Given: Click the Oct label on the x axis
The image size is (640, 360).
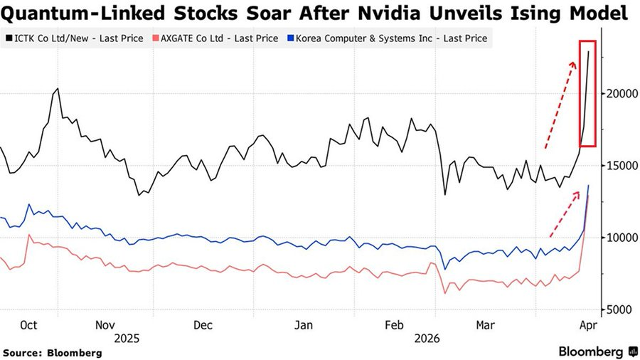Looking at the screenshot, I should click(x=28, y=324).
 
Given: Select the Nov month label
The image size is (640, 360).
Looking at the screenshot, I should click(x=105, y=324).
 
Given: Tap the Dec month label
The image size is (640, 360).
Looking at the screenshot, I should click(x=203, y=324).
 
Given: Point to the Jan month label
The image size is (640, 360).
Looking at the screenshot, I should click(x=304, y=324).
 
